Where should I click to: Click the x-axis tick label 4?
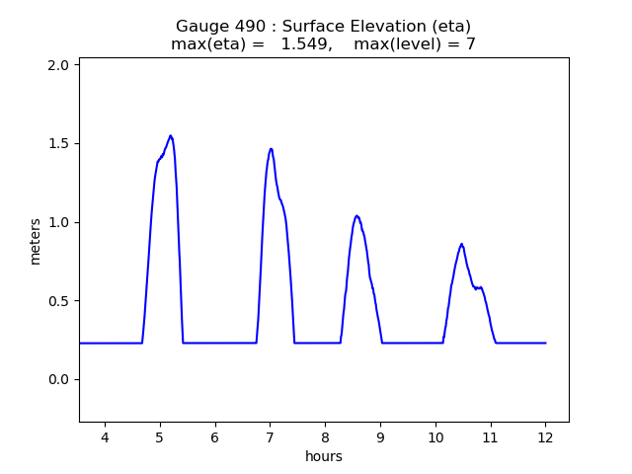tap(105, 437)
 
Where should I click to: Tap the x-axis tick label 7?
tap(270, 437)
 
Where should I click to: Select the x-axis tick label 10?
tap(435, 437)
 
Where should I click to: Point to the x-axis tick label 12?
tap(545, 437)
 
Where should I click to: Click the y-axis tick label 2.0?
tap(59, 65)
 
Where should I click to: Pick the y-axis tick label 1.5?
tap(59, 144)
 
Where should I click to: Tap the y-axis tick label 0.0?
tap(59, 380)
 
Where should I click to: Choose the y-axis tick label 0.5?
tap(59, 301)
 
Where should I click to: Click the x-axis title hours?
tap(324, 456)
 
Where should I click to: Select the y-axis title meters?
tap(36, 241)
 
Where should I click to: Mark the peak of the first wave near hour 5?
tap(171, 135)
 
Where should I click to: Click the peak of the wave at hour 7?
tap(271, 149)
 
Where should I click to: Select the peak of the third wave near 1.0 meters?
tap(356, 215)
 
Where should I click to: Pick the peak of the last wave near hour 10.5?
tap(461, 244)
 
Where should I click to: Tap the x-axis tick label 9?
tap(380, 437)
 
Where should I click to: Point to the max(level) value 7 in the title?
tap(471, 44)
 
